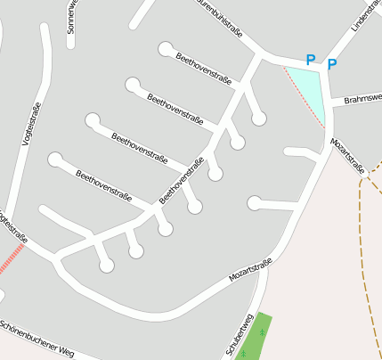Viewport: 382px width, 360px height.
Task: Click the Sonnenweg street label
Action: (x=71, y=17)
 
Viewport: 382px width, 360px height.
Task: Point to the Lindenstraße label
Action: (x=365, y=16)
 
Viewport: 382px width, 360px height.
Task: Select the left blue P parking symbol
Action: (x=310, y=60)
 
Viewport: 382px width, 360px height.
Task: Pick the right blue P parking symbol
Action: (x=332, y=64)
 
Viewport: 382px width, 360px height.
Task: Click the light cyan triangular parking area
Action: (x=308, y=86)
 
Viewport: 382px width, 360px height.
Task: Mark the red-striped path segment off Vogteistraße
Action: (x=12, y=259)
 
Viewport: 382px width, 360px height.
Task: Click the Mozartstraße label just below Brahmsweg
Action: (x=347, y=156)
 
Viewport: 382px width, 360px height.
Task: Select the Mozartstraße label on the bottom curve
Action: (x=249, y=270)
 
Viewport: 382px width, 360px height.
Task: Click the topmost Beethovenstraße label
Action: (x=204, y=68)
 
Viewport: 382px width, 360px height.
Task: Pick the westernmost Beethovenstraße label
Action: (x=104, y=184)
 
